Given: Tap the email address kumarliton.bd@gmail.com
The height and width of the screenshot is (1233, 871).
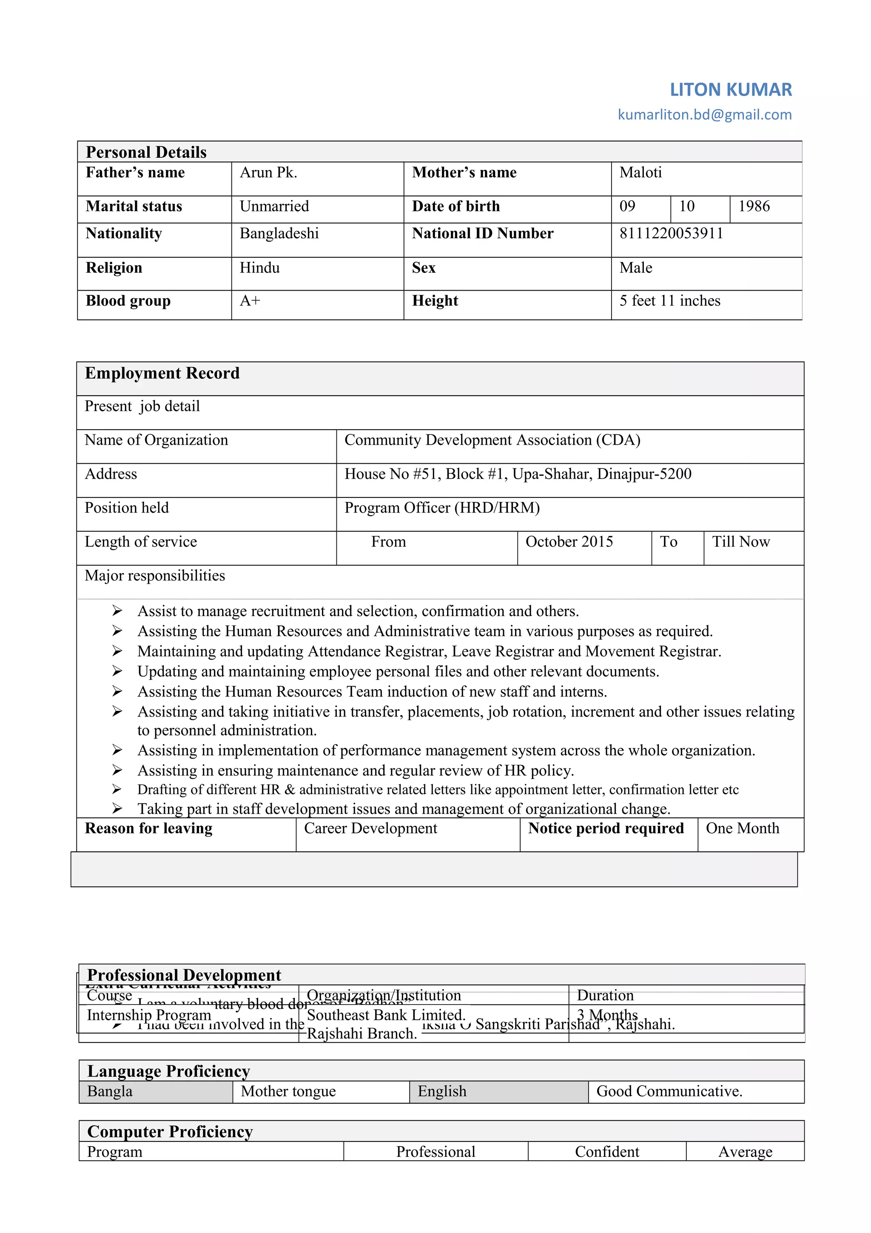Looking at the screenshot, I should pyautogui.click(x=704, y=114).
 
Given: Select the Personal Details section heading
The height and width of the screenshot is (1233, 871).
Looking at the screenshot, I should pyautogui.click(x=146, y=152).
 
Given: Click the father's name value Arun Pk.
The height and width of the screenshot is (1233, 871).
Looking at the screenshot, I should pyautogui.click(x=268, y=172).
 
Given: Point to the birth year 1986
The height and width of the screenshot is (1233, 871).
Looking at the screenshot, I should pyautogui.click(x=754, y=206).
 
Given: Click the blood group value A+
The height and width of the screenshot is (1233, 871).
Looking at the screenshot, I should pyautogui.click(x=250, y=301).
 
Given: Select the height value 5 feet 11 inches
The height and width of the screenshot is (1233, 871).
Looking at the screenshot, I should pyautogui.click(x=669, y=301).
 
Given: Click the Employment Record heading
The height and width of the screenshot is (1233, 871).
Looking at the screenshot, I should pyautogui.click(x=162, y=373).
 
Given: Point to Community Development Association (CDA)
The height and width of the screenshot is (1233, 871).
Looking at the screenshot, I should pyautogui.click(x=492, y=440).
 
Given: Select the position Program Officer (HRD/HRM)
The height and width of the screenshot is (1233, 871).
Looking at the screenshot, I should pyautogui.click(x=442, y=508).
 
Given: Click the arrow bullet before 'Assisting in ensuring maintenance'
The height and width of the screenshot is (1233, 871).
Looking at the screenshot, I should pyautogui.click(x=117, y=770).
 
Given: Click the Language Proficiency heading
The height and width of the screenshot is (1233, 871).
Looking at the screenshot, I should pyautogui.click(x=168, y=1071).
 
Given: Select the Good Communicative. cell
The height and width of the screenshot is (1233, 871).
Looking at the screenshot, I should pyautogui.click(x=669, y=1091).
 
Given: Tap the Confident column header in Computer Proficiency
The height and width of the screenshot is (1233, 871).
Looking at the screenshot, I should pyautogui.click(x=606, y=1151).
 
